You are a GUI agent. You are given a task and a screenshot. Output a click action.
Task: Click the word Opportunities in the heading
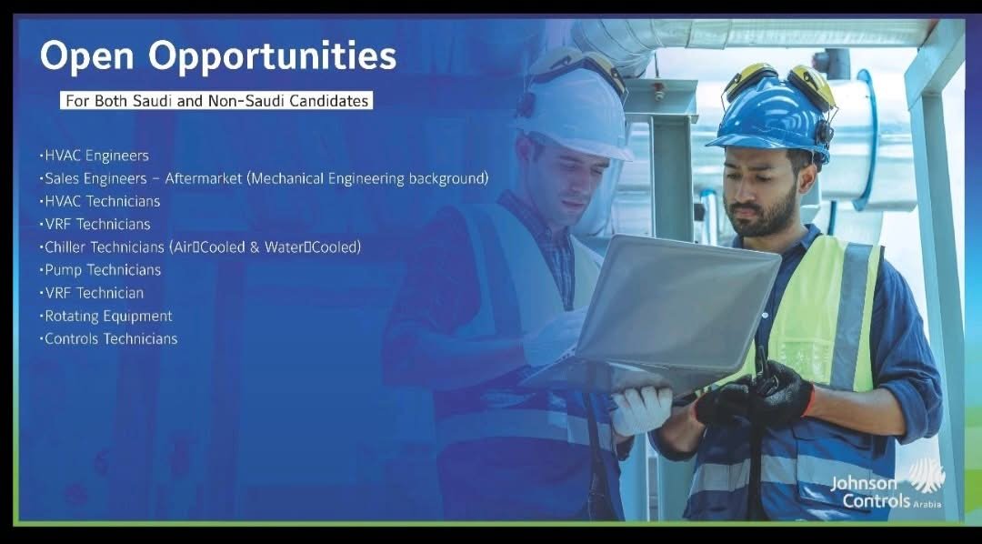tap(273, 57)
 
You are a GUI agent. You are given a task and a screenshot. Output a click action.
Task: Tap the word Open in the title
tap(87, 55)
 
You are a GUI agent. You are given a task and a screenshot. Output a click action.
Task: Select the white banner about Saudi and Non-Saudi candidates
tap(216, 100)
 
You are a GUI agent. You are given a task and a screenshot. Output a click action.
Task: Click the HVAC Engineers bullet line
tap(94, 156)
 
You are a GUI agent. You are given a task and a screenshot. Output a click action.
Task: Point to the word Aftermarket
tap(204, 178)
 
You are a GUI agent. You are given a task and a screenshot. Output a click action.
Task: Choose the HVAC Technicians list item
tap(100, 201)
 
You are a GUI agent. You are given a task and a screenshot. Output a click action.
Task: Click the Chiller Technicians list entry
tap(200, 247)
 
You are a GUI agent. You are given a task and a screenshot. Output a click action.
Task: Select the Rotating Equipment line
tap(105, 316)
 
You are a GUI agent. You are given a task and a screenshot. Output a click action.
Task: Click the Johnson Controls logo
tap(887, 485)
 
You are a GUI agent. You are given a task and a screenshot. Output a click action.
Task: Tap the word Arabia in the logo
tap(927, 505)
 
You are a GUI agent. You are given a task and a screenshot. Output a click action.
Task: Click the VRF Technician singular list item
tap(92, 293)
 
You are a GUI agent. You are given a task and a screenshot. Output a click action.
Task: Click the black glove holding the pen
tap(755, 395)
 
